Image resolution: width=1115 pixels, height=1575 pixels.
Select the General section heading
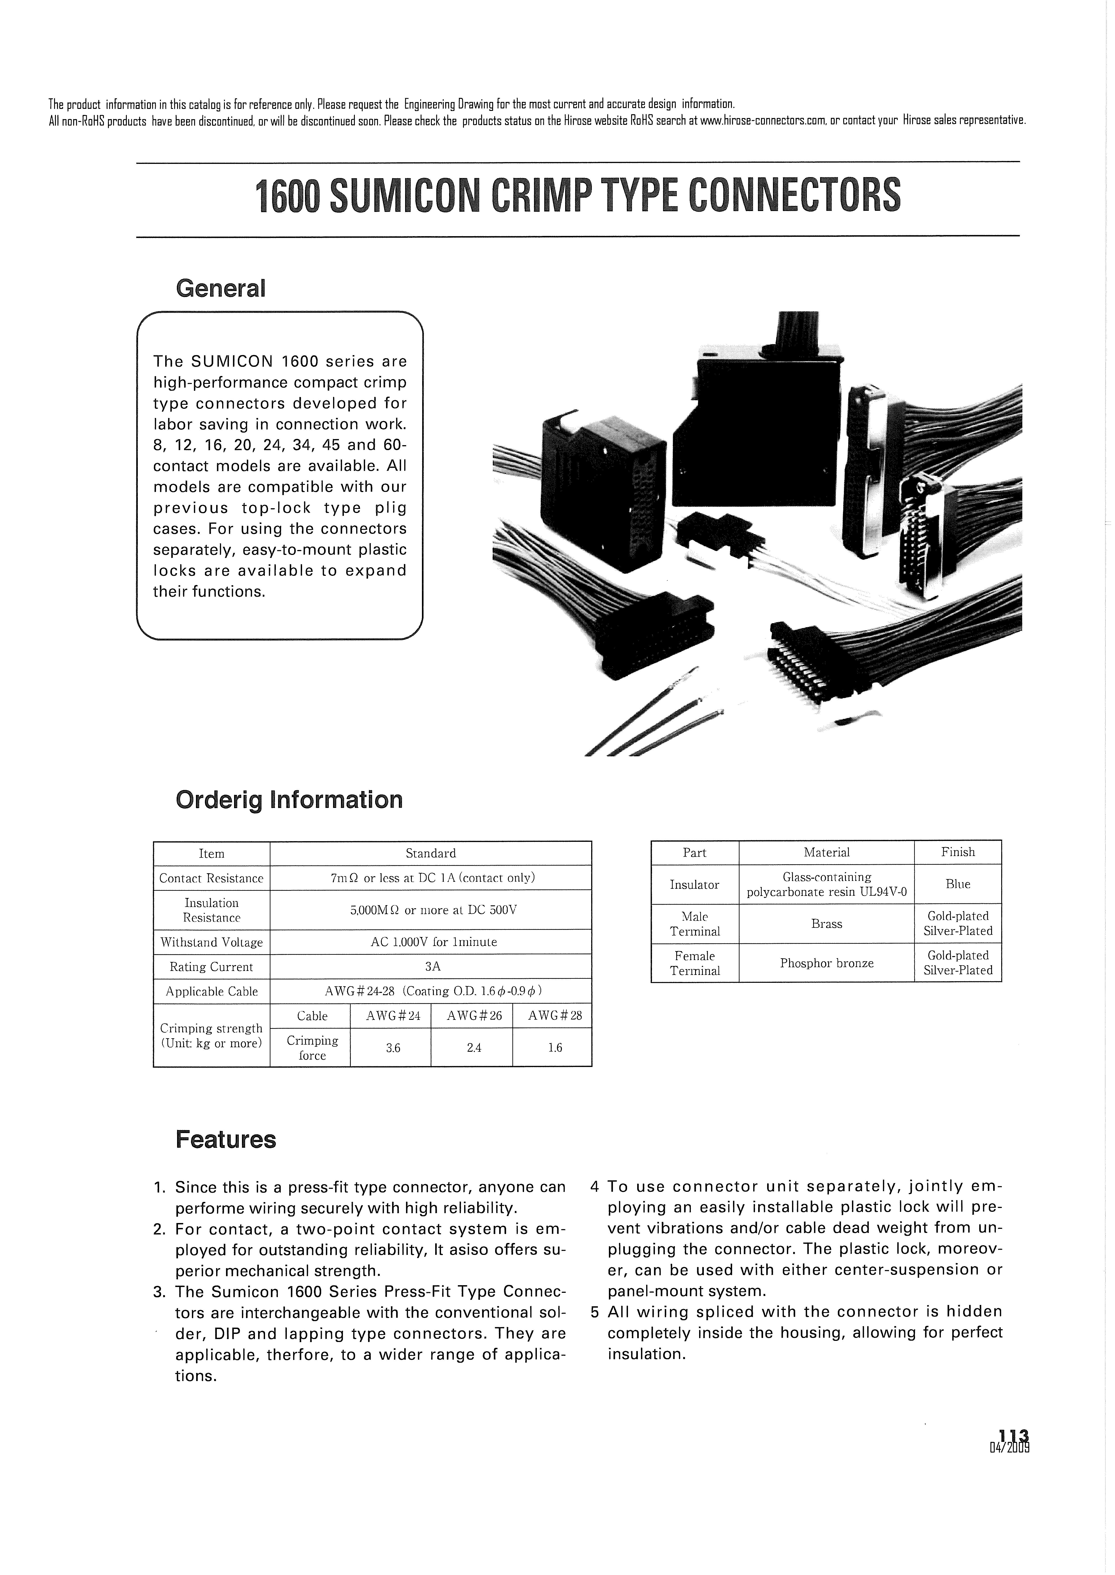[220, 288]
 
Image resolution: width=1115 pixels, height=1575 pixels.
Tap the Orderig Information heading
[289, 800]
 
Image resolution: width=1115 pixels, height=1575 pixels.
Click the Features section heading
[226, 1140]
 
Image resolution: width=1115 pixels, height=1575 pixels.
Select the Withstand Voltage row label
[211, 943]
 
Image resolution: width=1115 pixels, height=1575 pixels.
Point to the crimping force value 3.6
[393, 1048]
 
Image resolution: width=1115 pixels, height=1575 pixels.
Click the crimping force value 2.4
[474, 1048]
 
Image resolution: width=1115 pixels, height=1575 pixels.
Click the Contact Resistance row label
[211, 878]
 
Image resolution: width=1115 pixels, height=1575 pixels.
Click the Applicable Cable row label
[211, 991]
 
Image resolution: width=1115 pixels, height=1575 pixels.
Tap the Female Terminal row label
[695, 963]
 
